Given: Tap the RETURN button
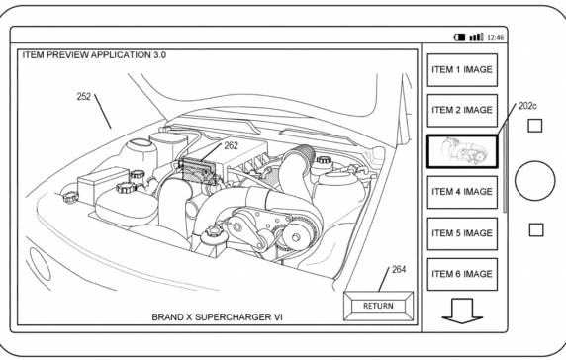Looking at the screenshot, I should [x=378, y=306].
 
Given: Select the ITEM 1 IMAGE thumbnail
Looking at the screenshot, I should [x=461, y=72].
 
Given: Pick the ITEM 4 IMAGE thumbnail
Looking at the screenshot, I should [x=461, y=192].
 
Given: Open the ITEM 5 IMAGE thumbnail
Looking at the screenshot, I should [x=461, y=232].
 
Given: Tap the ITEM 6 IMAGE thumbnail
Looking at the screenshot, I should [x=461, y=273].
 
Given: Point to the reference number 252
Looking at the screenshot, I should [x=88, y=99].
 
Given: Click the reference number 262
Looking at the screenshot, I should [x=230, y=145].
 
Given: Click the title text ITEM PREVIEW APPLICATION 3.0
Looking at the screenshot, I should [x=93, y=55].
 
